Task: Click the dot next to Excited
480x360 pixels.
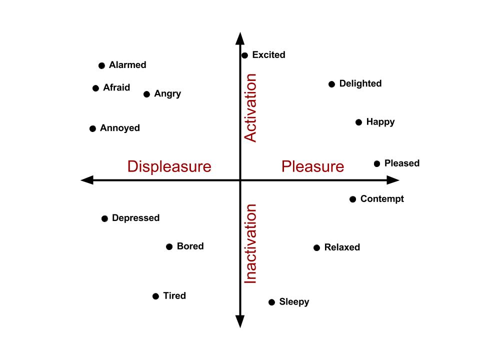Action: (244, 55)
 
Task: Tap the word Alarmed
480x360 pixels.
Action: (127, 65)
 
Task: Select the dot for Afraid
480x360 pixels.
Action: (95, 88)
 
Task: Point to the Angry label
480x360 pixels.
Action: (167, 94)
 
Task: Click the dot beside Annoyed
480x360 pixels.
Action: (92, 129)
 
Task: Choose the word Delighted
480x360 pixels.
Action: (360, 83)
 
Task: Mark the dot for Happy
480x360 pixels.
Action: (358, 122)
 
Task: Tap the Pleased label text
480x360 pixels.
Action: (401, 163)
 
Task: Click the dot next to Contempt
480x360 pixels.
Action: (352, 199)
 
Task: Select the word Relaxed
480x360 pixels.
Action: (342, 247)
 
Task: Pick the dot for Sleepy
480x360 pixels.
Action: (271, 302)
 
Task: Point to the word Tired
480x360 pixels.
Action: (174, 296)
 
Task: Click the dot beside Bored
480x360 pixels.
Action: (169, 247)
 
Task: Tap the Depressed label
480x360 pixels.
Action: (135, 218)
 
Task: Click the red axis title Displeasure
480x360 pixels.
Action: (169, 166)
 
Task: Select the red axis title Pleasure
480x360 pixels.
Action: (312, 166)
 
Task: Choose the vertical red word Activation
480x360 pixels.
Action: (250, 108)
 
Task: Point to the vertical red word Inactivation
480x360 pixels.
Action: (250, 244)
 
